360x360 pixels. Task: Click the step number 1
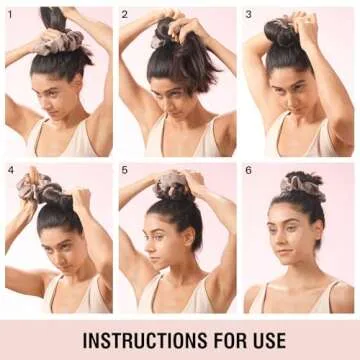10,15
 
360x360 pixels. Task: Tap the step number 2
124,15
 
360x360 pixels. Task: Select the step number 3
248,15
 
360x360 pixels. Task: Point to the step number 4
11,170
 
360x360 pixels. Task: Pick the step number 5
124,170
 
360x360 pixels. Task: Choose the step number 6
248,170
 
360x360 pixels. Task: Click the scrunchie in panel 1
58,42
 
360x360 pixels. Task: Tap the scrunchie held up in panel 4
33,187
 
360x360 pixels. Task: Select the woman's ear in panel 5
189,237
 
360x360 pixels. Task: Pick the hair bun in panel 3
278,33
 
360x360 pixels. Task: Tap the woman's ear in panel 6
318,231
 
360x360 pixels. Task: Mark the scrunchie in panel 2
157,42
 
